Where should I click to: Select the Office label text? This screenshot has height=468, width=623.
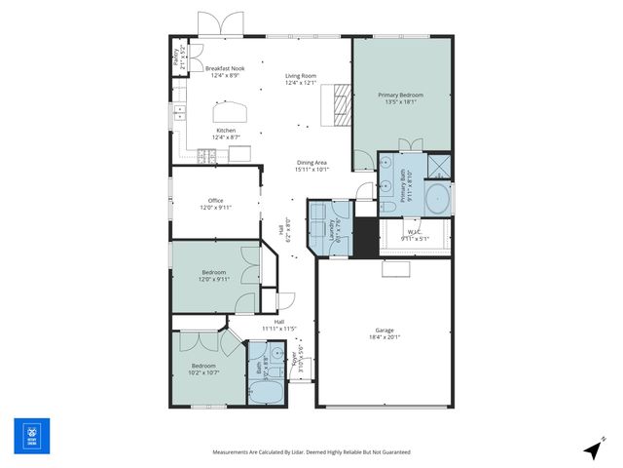(x=215, y=204)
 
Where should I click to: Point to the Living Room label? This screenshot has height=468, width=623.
(x=301, y=79)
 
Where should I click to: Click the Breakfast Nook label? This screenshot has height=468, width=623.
(x=225, y=71)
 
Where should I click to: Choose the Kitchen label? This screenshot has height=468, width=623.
(x=226, y=134)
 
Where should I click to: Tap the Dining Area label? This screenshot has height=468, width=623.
(x=312, y=165)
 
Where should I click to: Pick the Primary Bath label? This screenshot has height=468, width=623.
(x=401, y=184)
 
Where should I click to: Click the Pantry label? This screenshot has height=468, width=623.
(x=177, y=59)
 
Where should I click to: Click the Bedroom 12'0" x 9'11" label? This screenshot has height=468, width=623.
(x=214, y=275)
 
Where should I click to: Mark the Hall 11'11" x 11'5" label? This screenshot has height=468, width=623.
(x=279, y=325)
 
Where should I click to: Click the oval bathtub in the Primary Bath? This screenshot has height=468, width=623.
(x=437, y=199)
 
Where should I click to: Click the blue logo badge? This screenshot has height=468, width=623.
(x=31, y=436)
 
